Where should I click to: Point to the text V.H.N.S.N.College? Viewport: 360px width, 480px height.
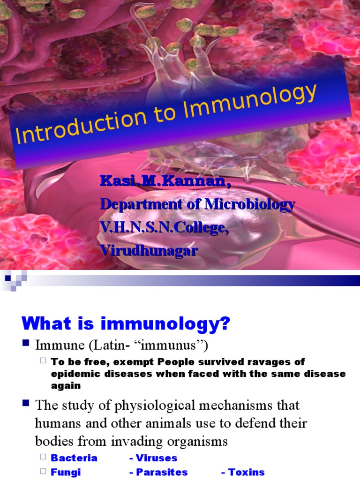click(x=164, y=227)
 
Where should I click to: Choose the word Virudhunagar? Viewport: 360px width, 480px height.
click(x=149, y=250)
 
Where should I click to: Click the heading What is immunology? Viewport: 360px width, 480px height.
click(x=126, y=323)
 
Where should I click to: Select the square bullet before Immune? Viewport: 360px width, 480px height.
click(x=26, y=345)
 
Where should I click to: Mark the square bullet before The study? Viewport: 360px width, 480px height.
click(x=26, y=404)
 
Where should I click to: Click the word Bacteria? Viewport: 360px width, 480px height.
click(x=74, y=458)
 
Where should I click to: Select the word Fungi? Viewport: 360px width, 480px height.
click(x=66, y=472)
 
